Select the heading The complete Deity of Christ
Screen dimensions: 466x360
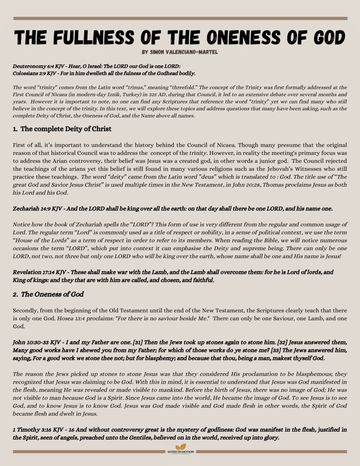coord(66,129)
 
